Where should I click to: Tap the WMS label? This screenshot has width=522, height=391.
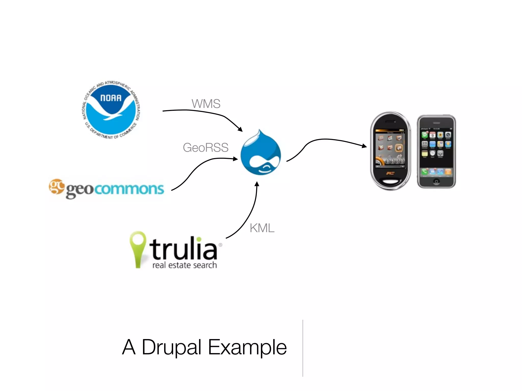(206, 104)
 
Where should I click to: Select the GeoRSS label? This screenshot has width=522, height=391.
(205, 148)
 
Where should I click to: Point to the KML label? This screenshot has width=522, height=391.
(262, 228)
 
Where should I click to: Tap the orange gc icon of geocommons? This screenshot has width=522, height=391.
(56, 186)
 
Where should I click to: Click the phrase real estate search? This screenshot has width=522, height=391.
(185, 265)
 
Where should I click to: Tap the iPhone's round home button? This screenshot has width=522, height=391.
(436, 181)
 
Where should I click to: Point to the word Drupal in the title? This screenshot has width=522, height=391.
(171, 347)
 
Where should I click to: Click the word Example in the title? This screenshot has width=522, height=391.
(247, 347)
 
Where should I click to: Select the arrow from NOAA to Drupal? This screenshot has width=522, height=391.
(204, 112)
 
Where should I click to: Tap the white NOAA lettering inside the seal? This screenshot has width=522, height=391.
(111, 98)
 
